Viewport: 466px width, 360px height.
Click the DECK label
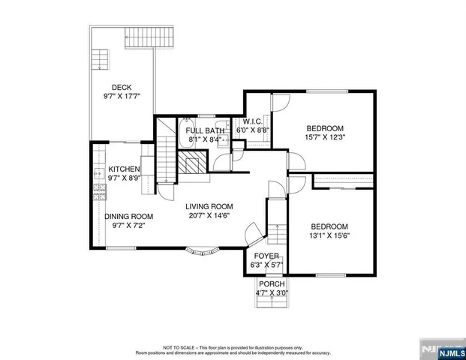[122, 87]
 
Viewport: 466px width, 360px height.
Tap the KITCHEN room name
[124, 169]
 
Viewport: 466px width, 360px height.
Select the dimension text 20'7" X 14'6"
[209, 216]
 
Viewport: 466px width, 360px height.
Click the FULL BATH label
[205, 130]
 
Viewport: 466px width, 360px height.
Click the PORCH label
[271, 283]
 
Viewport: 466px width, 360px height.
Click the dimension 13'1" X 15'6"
[329, 235]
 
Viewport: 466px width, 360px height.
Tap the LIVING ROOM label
[209, 207]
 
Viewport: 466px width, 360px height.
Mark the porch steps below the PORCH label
[271, 300]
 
